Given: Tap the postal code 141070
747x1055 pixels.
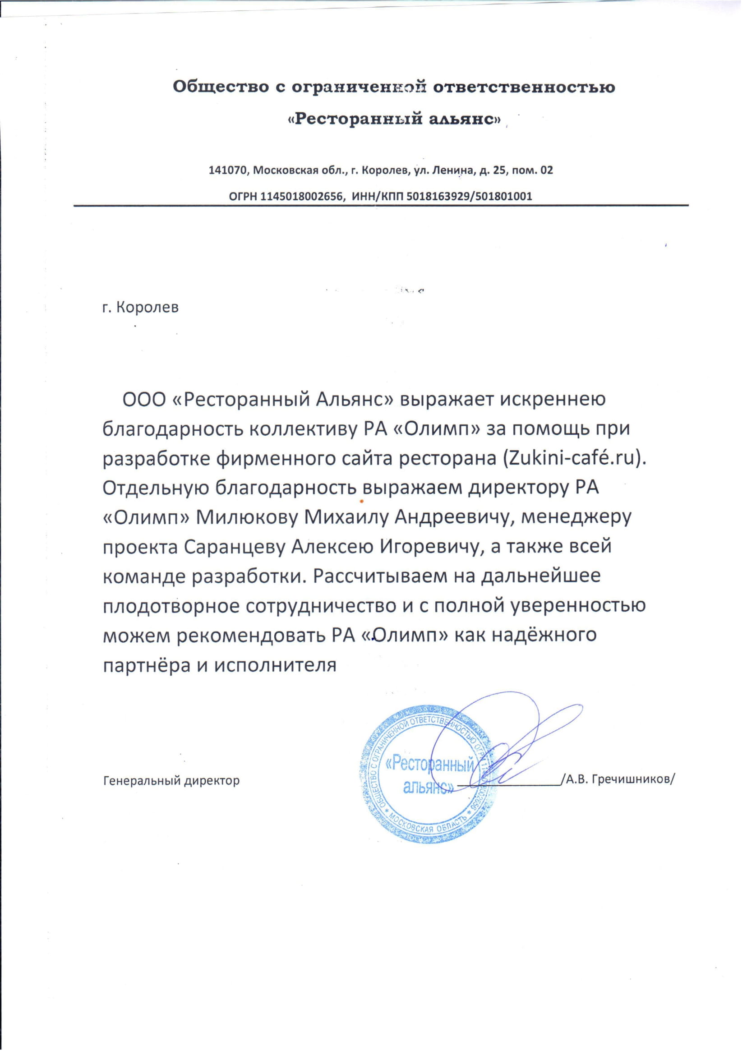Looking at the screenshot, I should click(x=228, y=170).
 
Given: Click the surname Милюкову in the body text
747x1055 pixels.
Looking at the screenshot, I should click(x=247, y=517).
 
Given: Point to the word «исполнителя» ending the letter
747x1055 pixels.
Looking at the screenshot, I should click(x=273, y=665).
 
